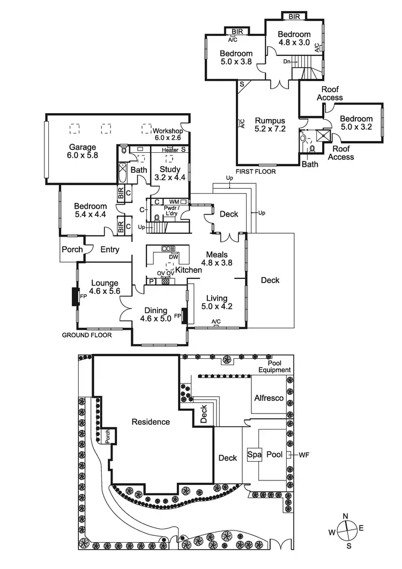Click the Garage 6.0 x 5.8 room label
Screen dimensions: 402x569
83,151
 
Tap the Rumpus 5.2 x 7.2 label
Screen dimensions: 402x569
270,125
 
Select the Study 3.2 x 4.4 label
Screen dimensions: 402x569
170,173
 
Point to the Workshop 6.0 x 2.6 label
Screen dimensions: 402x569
168,134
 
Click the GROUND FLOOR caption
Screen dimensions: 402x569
87,335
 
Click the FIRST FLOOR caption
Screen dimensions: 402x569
256,172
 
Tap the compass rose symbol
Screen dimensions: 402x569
346,531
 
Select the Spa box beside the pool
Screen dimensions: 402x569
255,454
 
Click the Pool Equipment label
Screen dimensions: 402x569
274,366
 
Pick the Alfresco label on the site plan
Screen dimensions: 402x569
269,398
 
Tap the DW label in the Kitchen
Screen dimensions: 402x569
174,257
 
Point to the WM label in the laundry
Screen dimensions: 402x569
174,202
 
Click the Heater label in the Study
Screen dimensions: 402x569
170,150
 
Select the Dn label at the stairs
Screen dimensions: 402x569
287,61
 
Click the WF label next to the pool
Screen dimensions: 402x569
304,455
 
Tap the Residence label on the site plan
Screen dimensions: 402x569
151,422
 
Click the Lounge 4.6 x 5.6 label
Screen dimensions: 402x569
105,287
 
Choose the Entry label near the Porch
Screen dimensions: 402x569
110,250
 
